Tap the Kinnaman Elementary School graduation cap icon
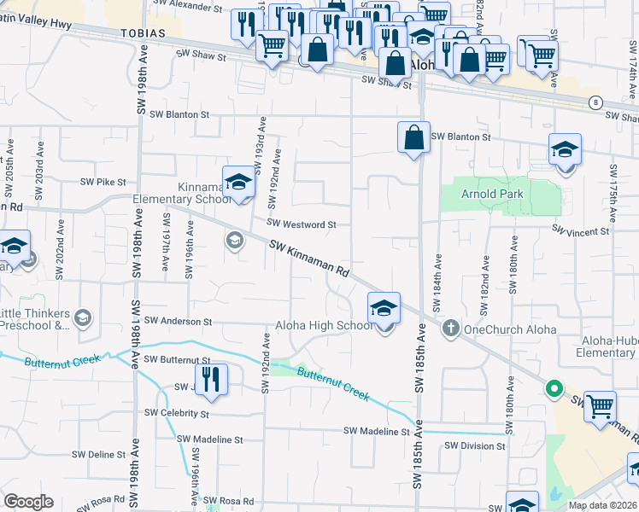[239, 183]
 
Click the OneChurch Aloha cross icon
[452, 328]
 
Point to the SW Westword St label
[302, 224]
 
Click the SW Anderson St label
[178, 322]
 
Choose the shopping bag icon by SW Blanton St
[413, 137]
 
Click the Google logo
[28, 502]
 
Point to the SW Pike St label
[103, 182]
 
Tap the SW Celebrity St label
[177, 414]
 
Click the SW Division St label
[472, 445]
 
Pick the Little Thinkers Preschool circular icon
[83, 318]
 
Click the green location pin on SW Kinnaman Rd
[554, 389]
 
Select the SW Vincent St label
[580, 231]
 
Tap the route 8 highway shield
[595, 102]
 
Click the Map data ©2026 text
[602, 505]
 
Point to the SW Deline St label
[101, 455]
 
